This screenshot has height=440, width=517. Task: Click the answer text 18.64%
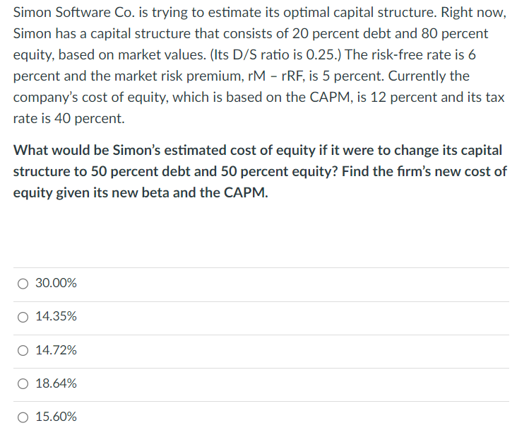click(56, 383)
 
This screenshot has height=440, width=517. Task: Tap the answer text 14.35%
click(56, 317)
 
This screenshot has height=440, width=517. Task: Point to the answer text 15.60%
click(56, 417)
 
